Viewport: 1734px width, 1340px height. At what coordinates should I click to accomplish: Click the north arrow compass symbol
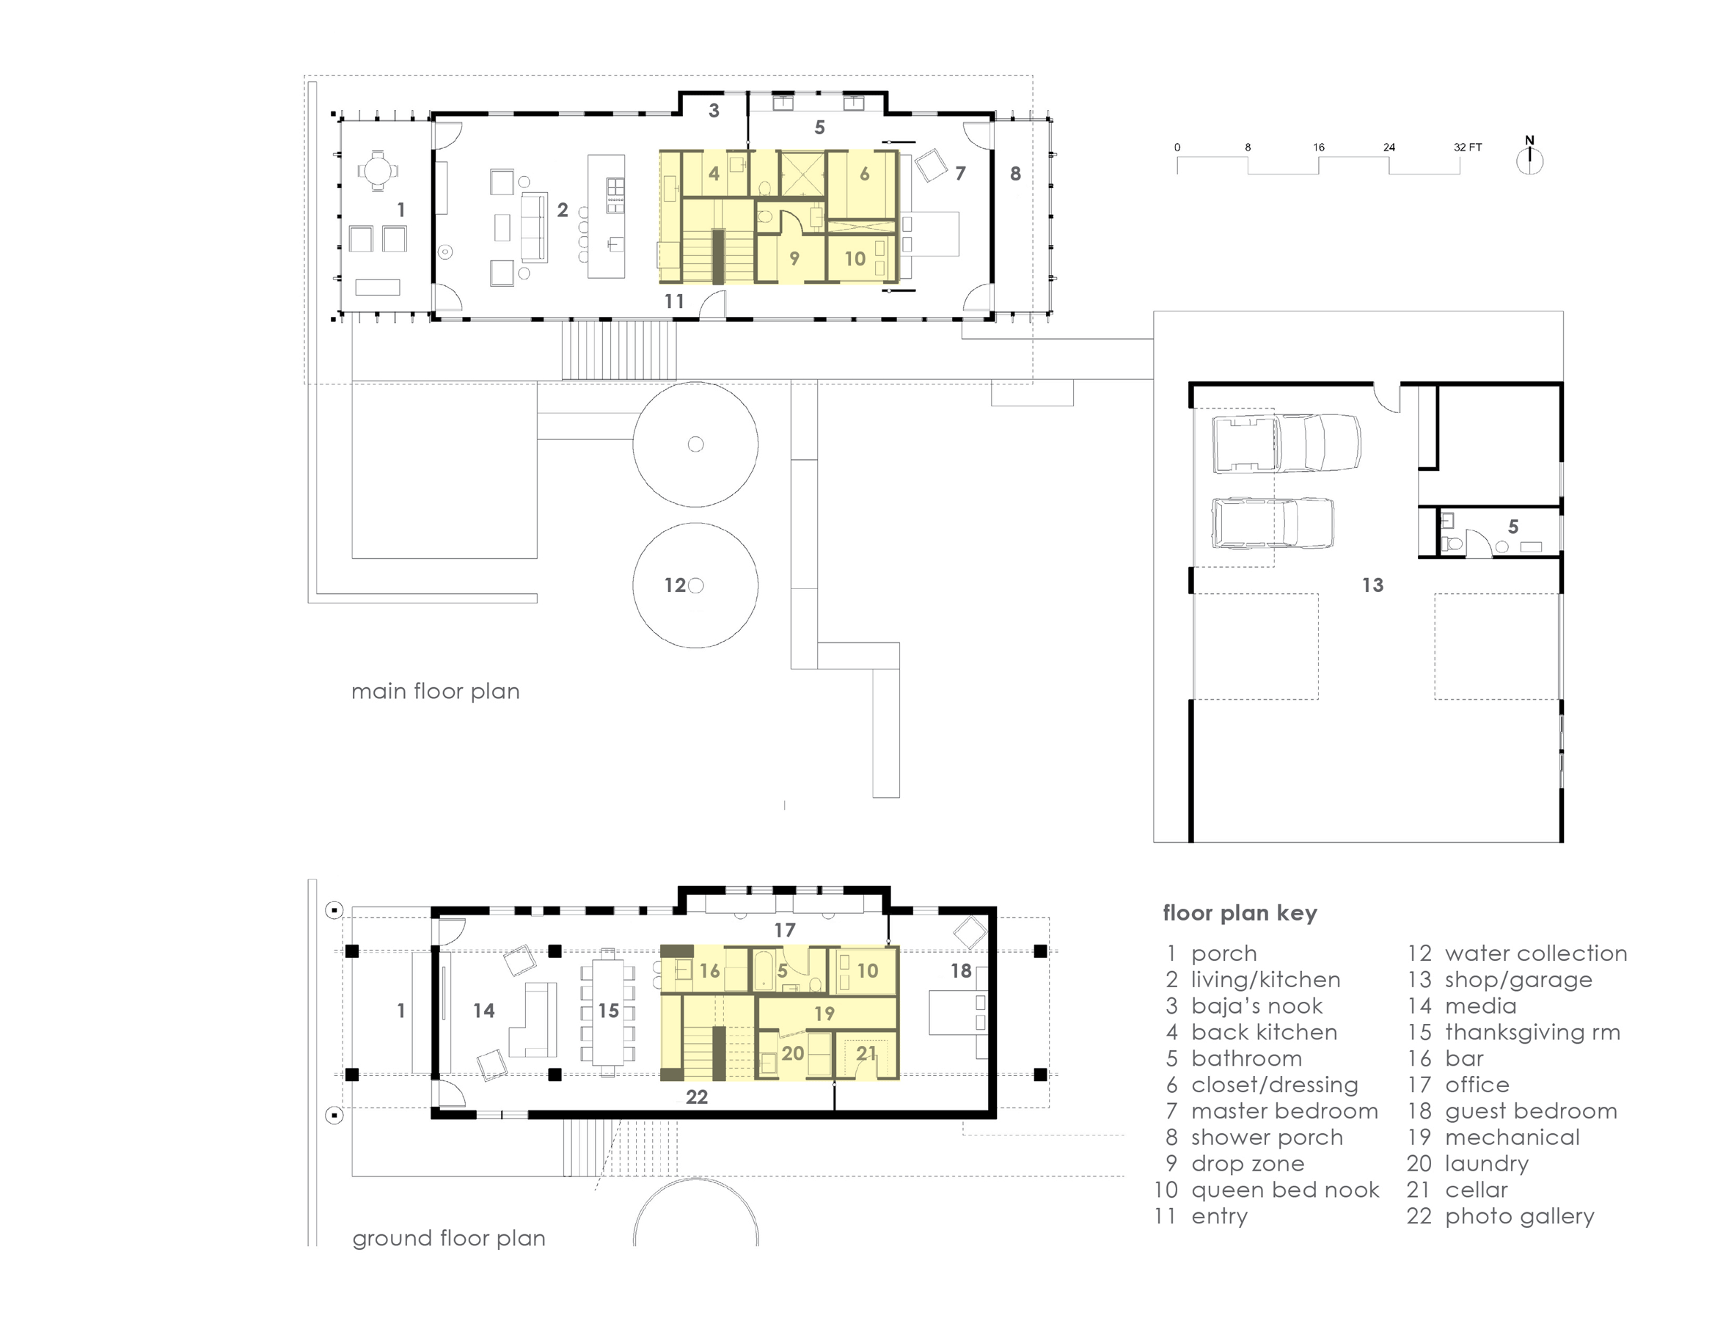click(1529, 156)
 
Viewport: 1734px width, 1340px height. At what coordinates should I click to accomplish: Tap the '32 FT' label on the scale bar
click(1468, 147)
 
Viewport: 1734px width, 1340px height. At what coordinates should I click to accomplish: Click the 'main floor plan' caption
click(435, 692)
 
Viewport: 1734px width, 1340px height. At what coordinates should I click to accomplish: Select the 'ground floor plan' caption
click(449, 1238)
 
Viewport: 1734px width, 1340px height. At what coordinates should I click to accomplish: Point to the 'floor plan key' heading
click(1240, 913)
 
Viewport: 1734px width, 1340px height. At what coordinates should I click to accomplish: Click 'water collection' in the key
click(1535, 953)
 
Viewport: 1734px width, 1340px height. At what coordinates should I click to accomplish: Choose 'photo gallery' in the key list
click(1519, 1216)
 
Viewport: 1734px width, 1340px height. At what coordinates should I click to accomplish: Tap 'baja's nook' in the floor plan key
click(1256, 1006)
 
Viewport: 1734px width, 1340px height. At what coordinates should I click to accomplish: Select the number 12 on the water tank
click(675, 585)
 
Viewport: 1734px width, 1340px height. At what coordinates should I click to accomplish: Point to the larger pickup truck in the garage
click(1287, 443)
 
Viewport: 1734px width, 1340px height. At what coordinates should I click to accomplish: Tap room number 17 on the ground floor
click(784, 929)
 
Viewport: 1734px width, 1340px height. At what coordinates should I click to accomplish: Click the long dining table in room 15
click(608, 1011)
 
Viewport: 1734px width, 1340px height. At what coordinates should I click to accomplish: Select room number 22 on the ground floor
click(696, 1097)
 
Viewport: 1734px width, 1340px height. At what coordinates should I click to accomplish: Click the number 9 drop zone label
click(794, 258)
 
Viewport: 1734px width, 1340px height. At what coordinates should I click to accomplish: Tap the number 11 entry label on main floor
click(674, 301)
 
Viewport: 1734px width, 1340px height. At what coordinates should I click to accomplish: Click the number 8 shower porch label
click(1015, 173)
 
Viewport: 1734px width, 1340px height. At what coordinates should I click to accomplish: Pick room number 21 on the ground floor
click(866, 1053)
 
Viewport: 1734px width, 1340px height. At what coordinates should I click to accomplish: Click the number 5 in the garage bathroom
click(1513, 527)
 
